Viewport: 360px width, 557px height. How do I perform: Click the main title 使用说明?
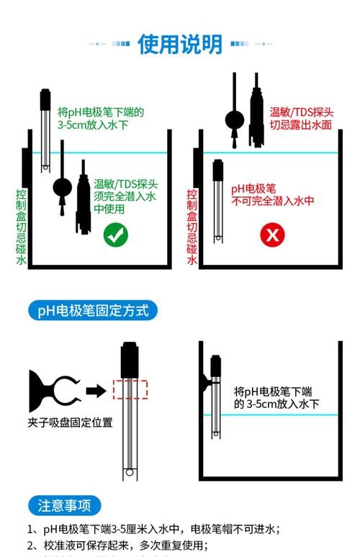(x=180, y=44)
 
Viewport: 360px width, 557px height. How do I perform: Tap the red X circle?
(x=271, y=235)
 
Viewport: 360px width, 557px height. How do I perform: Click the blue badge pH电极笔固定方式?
(x=92, y=311)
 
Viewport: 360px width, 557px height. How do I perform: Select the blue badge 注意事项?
(x=64, y=505)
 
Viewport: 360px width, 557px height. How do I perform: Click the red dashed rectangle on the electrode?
(x=130, y=389)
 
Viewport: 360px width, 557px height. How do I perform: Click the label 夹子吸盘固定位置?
(x=71, y=422)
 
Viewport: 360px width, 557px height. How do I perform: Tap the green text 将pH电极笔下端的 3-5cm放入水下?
(x=101, y=118)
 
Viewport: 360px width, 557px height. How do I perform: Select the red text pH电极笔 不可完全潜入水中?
(x=272, y=195)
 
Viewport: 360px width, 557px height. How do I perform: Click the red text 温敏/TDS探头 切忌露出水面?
(x=301, y=118)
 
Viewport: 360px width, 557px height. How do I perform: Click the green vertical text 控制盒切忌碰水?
(x=21, y=227)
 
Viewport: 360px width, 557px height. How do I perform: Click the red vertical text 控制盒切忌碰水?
(x=192, y=227)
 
